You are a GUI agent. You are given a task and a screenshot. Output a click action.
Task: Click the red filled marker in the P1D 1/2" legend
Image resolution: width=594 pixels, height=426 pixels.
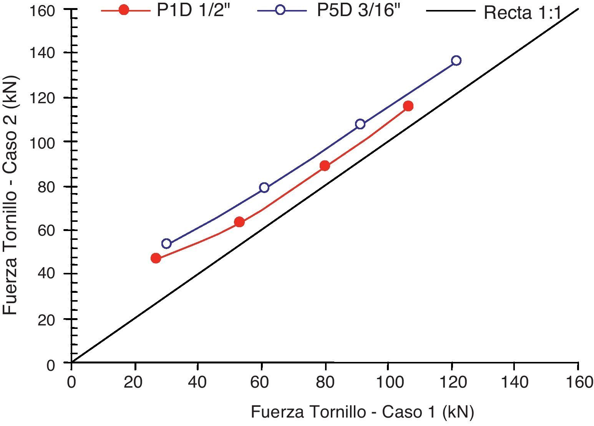[124, 10]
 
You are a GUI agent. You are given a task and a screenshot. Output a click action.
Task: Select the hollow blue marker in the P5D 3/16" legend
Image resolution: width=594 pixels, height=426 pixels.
[280, 10]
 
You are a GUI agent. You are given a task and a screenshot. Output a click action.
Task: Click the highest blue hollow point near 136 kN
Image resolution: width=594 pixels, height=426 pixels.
[456, 61]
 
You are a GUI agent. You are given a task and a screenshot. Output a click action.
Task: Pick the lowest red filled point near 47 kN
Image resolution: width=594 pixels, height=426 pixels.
[156, 258]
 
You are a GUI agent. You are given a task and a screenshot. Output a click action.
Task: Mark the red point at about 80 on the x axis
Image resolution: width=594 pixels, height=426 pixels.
[325, 166]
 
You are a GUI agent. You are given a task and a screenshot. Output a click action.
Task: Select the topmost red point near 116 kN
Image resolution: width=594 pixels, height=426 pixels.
[408, 106]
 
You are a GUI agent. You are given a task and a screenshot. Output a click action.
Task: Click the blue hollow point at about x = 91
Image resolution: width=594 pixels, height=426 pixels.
[360, 124]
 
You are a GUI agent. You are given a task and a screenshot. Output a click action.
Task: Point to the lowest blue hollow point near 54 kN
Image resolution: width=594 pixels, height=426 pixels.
[166, 244]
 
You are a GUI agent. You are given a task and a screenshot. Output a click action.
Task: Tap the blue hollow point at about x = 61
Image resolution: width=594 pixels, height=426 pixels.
[264, 188]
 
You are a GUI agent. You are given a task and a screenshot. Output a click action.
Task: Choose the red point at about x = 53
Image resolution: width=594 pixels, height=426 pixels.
[239, 222]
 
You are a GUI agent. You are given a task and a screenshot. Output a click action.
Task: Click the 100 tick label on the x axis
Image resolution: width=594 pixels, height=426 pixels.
[388, 383]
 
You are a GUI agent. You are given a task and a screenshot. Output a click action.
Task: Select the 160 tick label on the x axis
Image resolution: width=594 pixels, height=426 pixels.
[578, 383]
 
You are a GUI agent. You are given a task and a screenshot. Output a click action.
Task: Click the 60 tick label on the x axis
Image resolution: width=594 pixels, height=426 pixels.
[261, 383]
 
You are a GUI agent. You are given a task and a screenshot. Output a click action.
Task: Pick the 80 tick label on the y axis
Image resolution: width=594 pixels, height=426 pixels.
[46, 187]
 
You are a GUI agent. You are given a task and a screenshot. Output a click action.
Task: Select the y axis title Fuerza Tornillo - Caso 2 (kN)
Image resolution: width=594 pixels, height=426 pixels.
[10, 195]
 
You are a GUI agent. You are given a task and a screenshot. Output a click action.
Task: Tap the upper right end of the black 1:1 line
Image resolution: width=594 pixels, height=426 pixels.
[578, 9]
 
